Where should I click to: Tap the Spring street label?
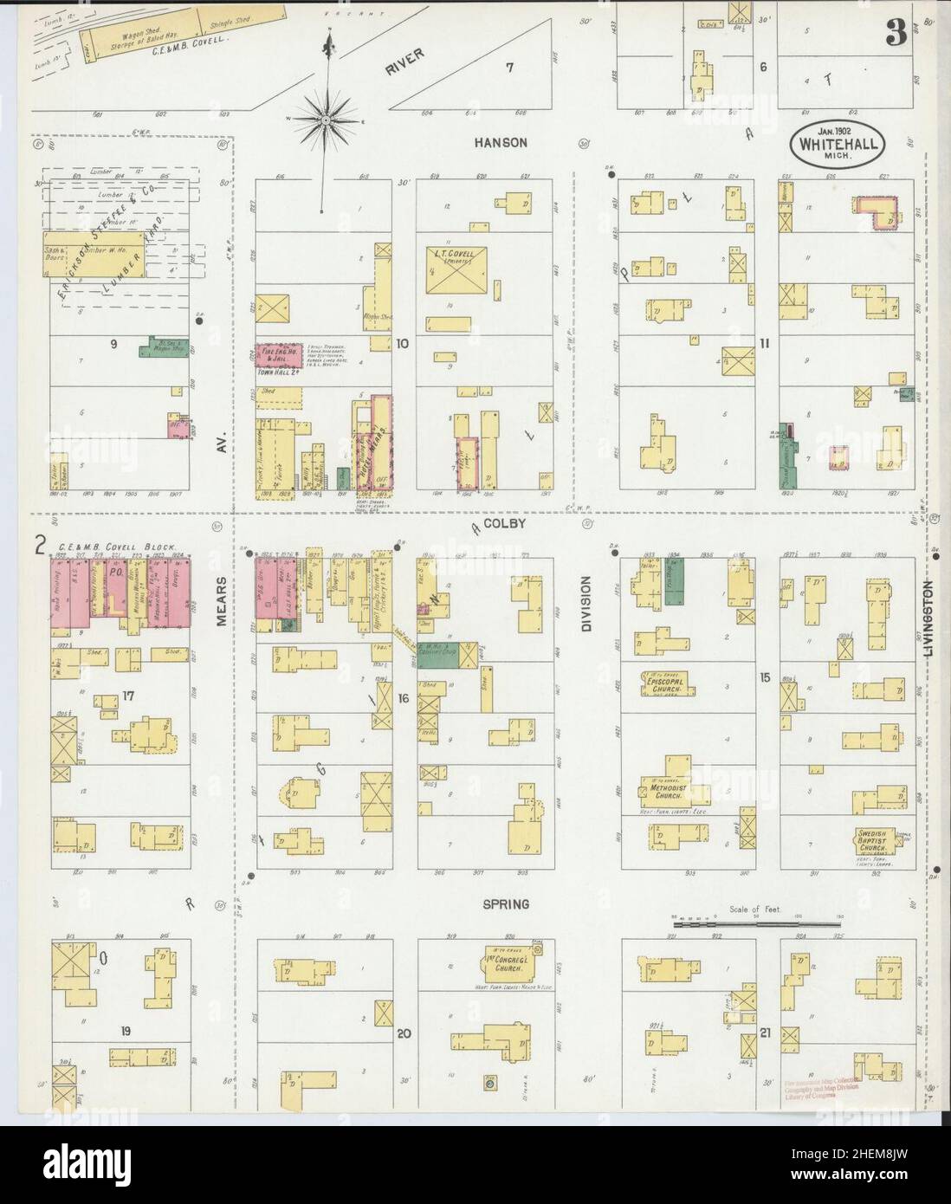[507, 903]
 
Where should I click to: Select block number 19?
[126, 1030]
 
